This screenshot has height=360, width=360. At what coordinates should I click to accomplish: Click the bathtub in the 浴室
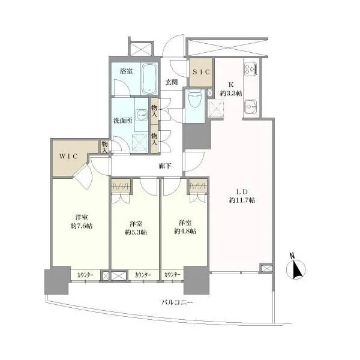[x=149, y=79]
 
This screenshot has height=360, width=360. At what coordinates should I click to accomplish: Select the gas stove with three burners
[x=251, y=69]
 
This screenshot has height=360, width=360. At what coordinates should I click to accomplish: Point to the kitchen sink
[x=251, y=107]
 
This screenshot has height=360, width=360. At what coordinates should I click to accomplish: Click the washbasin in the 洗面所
[x=142, y=115]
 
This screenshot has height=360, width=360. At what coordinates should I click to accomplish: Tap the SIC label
[x=201, y=72]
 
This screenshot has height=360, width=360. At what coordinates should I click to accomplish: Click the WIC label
[x=68, y=156]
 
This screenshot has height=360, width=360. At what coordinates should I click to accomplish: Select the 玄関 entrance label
[x=172, y=82]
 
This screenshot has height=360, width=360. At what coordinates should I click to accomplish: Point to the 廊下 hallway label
[x=165, y=166]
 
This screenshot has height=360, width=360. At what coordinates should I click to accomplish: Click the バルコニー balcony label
[x=177, y=302]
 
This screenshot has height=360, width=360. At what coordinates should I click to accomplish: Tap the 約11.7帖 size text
[x=242, y=200]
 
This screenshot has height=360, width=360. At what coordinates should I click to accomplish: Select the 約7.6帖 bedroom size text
[x=82, y=226]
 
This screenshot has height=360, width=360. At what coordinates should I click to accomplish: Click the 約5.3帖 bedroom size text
[x=136, y=232]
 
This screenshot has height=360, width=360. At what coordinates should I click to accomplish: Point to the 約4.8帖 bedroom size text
[x=185, y=231]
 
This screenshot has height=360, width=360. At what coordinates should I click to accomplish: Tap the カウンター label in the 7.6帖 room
[x=85, y=275]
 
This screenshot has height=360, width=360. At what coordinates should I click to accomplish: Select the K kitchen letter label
[x=231, y=85]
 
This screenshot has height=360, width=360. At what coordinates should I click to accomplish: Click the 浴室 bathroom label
[x=126, y=71]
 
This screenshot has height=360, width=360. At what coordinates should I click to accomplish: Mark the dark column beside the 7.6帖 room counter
[x=57, y=280]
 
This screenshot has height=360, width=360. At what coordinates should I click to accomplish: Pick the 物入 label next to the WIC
[x=104, y=148]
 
